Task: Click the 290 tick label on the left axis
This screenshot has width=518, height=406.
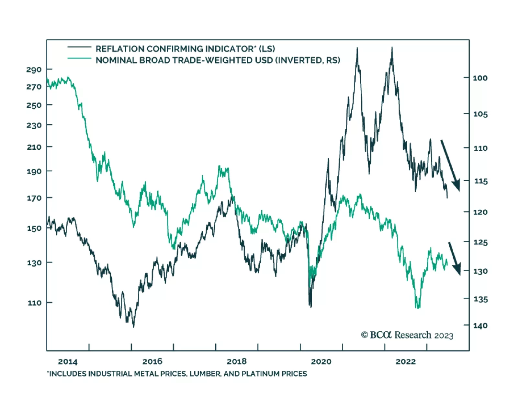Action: [34, 69]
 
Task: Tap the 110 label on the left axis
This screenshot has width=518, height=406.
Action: [35, 303]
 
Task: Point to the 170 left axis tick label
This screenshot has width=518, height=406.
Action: [34, 198]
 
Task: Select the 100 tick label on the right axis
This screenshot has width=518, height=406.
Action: [480, 78]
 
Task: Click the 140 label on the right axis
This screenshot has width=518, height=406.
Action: [480, 326]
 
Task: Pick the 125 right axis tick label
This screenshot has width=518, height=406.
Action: [480, 242]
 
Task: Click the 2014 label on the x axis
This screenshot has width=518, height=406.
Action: [68, 361]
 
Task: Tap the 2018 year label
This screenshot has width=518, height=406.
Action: [237, 361]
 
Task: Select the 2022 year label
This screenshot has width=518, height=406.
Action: [405, 361]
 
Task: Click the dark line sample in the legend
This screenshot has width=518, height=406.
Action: [79, 48]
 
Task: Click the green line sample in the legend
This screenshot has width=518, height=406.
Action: [79, 59]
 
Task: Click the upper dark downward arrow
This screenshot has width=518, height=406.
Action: [450, 166]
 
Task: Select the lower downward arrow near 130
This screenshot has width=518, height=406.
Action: [455, 259]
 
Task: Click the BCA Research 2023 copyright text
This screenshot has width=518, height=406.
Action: [407, 335]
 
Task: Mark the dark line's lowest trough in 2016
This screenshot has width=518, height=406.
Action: [133, 326]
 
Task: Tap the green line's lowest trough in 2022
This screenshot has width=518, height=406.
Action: [418, 308]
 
